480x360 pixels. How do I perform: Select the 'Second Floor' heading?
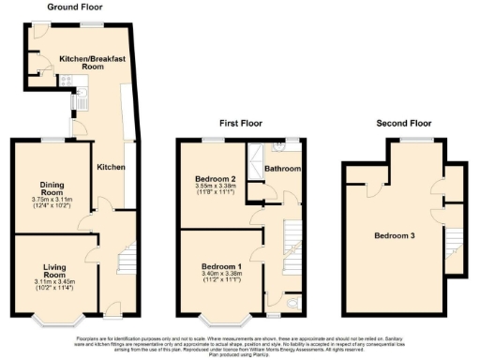point(403,122)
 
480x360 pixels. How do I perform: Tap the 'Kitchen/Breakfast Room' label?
point(94,62)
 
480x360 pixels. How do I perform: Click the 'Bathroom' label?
point(281,169)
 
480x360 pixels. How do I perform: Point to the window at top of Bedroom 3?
point(410,138)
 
